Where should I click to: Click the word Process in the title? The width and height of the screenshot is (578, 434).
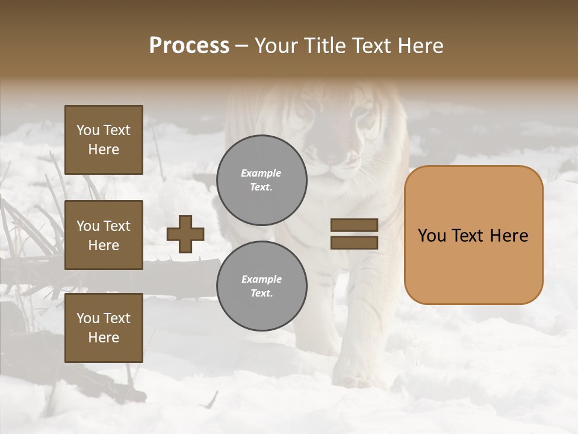(x=189, y=46)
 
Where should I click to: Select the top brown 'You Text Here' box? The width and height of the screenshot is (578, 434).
(x=104, y=140)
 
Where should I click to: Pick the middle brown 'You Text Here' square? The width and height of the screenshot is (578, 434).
(x=104, y=235)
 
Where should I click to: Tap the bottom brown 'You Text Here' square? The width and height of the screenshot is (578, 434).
(x=104, y=327)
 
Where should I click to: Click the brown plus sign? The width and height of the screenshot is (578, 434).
(x=185, y=234)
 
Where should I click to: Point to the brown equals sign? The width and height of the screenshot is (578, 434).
(x=354, y=234)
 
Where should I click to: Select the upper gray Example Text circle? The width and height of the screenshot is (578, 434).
(x=261, y=180)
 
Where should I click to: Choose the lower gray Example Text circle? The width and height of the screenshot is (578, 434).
(x=261, y=286)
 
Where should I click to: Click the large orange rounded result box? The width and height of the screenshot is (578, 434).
(x=473, y=235)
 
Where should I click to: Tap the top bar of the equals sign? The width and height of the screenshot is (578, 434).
(x=354, y=225)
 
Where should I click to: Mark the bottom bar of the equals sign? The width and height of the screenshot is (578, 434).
(x=354, y=242)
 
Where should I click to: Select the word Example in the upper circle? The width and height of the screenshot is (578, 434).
(x=261, y=174)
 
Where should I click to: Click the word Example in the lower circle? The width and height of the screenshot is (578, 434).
(x=261, y=279)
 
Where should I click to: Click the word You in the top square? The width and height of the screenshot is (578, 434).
(x=88, y=130)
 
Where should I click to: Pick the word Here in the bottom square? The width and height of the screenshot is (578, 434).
(x=104, y=338)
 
